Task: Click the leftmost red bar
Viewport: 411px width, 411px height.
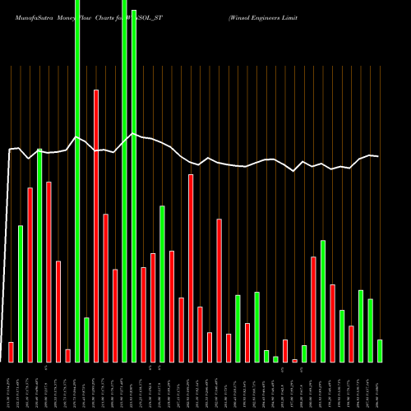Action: point(11,352)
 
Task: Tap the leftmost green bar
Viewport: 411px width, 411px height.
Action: point(21,293)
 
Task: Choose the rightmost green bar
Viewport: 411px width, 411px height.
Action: point(379,351)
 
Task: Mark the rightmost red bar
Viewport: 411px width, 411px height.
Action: point(351,344)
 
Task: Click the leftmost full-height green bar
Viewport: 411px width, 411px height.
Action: point(77,181)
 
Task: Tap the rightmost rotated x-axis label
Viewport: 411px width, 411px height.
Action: point(379,386)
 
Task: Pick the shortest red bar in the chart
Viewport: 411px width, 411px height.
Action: point(294,360)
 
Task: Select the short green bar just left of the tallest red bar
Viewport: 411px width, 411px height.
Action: point(86,339)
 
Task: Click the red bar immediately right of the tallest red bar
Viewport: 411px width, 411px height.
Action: point(105,288)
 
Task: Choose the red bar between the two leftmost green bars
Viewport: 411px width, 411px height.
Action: point(30,275)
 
